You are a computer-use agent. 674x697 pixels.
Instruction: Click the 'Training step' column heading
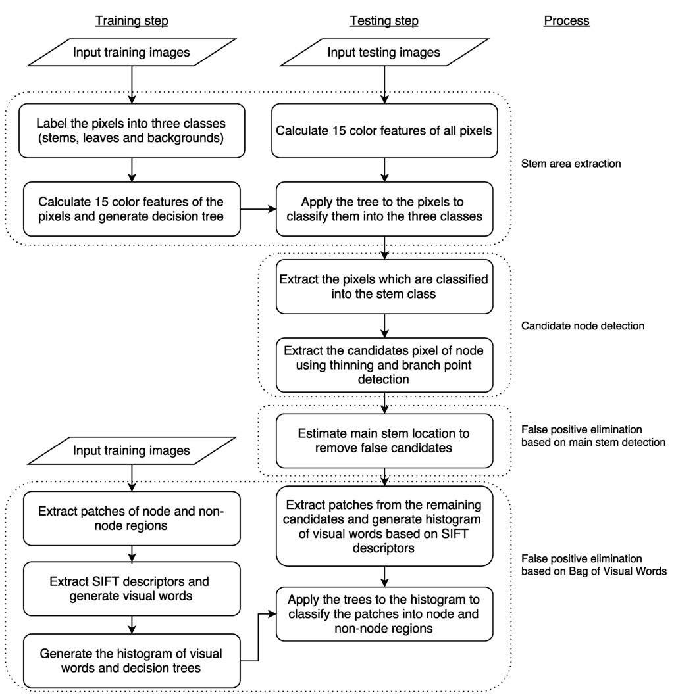pyautogui.click(x=132, y=21)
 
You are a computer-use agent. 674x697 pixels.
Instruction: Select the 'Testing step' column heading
pyautogui.click(x=384, y=21)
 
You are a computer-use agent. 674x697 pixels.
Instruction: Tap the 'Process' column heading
pyautogui.click(x=566, y=21)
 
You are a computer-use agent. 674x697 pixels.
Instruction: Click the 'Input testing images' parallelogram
pyautogui.click(x=384, y=53)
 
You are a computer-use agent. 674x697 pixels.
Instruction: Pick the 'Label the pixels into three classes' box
pyautogui.click(x=132, y=130)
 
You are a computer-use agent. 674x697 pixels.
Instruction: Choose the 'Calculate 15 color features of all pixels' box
pyautogui.click(x=384, y=130)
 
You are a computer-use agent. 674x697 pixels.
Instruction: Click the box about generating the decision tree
pyautogui.click(x=132, y=208)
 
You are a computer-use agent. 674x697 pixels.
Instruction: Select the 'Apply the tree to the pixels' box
pyautogui.click(x=384, y=208)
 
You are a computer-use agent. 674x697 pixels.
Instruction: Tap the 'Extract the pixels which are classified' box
pyautogui.click(x=384, y=287)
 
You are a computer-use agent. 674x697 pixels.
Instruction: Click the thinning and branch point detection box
pyautogui.click(x=384, y=364)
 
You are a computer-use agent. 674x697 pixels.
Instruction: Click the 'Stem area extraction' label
pyautogui.click(x=570, y=164)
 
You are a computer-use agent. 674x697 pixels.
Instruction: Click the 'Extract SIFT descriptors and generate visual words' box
pyautogui.click(x=132, y=589)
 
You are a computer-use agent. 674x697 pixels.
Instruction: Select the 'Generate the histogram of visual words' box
pyautogui.click(x=132, y=661)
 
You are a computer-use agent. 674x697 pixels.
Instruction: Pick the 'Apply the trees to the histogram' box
pyautogui.click(x=384, y=613)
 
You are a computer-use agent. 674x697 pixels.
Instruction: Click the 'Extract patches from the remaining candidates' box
pyautogui.click(x=384, y=526)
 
